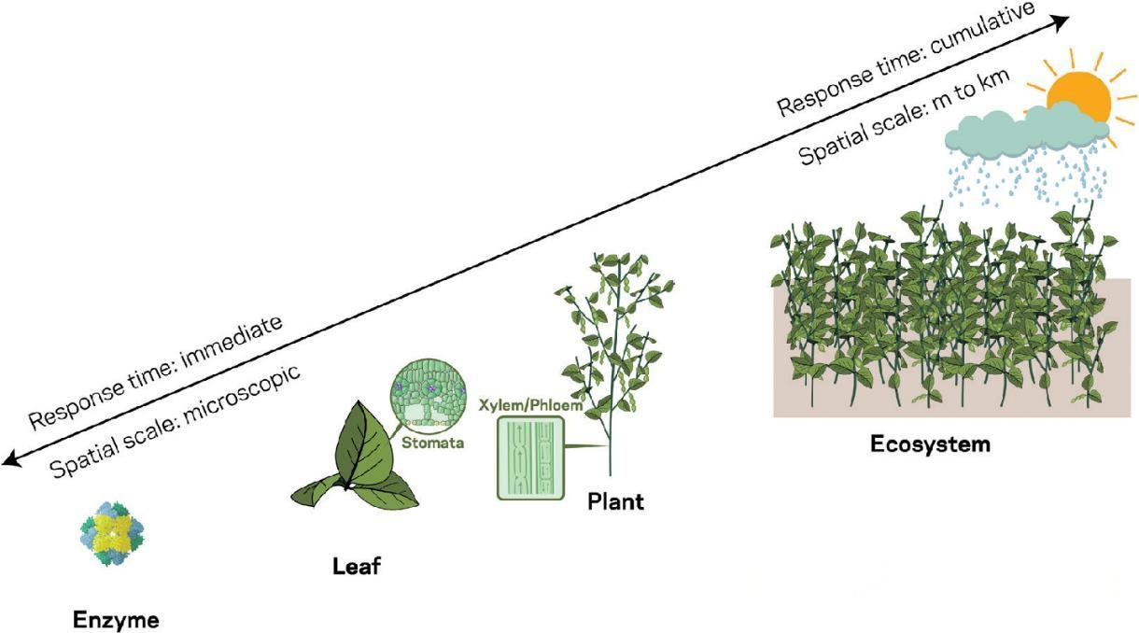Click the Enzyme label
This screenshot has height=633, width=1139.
tap(117, 619)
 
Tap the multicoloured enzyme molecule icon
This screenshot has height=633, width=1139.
tap(112, 537)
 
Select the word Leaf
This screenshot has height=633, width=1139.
tap(358, 566)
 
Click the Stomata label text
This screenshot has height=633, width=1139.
tap(432, 443)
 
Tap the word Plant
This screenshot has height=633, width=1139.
tap(615, 502)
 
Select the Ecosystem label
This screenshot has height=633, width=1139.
tap(930, 443)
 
